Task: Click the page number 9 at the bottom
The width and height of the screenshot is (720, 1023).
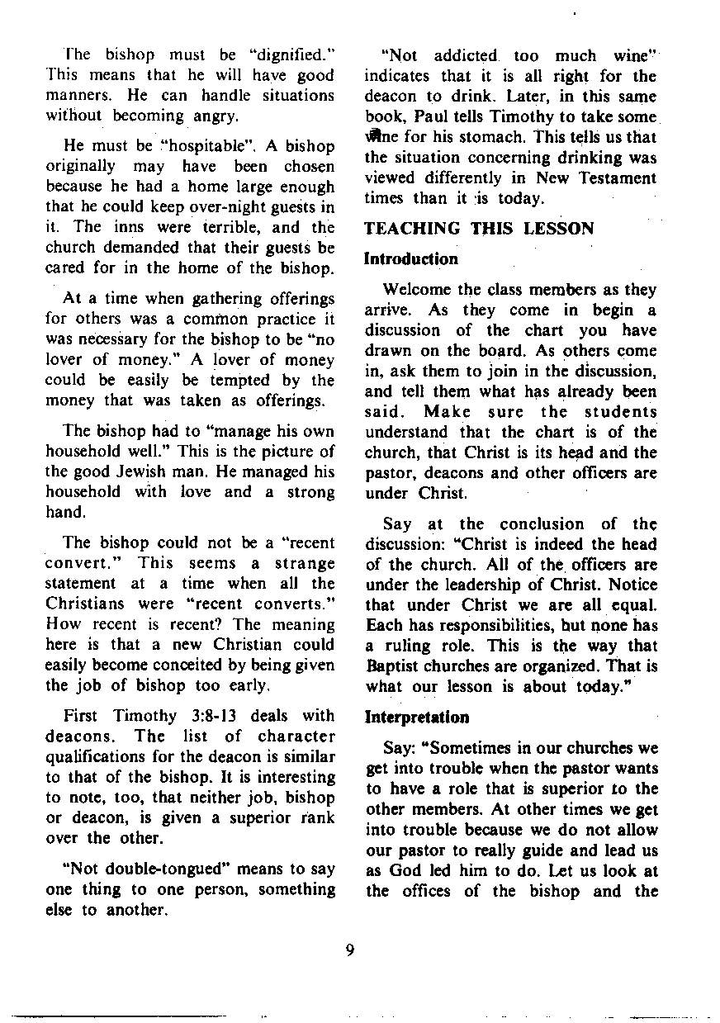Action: [350, 950]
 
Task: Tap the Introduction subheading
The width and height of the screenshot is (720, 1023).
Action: [410, 258]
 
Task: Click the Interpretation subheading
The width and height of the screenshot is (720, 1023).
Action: [416, 717]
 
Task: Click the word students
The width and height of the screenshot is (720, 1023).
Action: [620, 412]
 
